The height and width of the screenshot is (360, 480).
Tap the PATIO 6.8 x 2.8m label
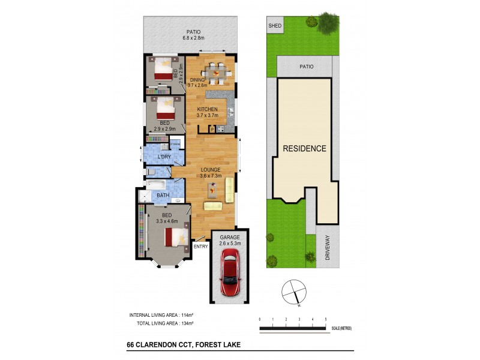point(193,35)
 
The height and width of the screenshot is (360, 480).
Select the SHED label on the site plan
point(275,26)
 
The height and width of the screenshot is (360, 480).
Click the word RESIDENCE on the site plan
point(304,148)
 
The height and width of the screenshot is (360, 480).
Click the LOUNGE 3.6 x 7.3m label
point(211,173)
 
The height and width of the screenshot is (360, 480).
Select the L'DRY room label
point(164,157)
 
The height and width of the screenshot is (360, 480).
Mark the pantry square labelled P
point(212,128)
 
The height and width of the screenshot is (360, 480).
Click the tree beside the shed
point(328,22)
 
